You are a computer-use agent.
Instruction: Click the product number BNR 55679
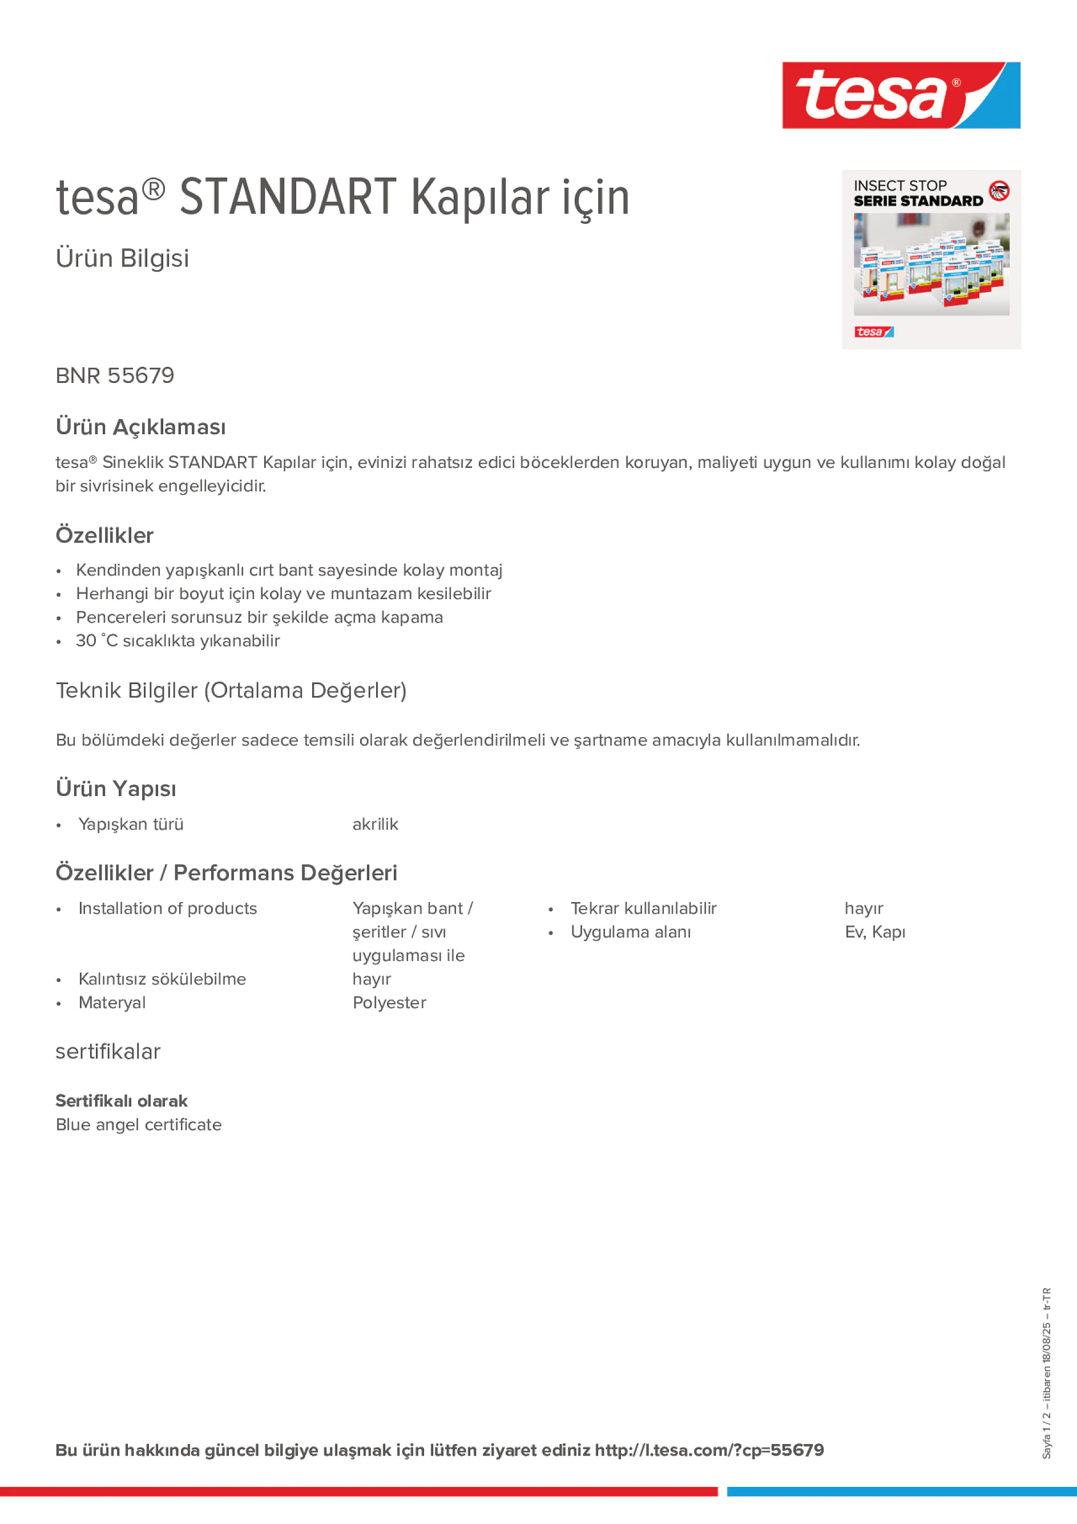[x=115, y=375]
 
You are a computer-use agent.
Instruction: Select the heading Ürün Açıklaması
[x=141, y=427]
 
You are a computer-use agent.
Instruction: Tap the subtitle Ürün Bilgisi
[x=122, y=258]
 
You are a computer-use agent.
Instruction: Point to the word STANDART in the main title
[x=288, y=197]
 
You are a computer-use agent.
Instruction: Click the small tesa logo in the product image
[x=873, y=332]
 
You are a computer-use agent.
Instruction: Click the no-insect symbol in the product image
[x=999, y=191]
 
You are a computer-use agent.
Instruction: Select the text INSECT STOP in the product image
[x=899, y=186]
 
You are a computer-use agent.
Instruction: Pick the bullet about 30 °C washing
[x=178, y=641]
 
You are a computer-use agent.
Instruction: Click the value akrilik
[x=375, y=824]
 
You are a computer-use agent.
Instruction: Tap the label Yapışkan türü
[x=131, y=824]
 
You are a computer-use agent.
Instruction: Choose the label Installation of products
[x=167, y=909]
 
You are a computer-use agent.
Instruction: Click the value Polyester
[x=389, y=1003]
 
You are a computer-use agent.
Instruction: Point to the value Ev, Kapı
[x=874, y=932]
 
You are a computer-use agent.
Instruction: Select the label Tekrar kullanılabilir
[x=643, y=909]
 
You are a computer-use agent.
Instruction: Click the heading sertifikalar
[x=107, y=1052]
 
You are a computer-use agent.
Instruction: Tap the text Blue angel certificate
[x=138, y=1125]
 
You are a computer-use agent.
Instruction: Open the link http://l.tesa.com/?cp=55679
[x=708, y=1450]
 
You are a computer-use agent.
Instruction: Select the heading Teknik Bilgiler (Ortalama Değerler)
[x=231, y=691]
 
